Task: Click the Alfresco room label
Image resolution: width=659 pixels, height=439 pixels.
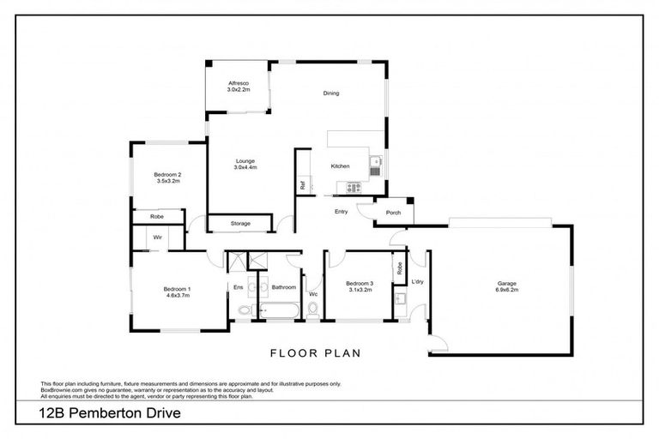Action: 238,86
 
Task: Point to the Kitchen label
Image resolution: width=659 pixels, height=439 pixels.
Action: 341,166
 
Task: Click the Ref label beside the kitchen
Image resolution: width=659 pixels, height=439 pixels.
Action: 303,184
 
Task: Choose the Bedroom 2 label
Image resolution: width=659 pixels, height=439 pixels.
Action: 168,178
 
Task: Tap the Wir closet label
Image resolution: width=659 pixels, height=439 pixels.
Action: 158,237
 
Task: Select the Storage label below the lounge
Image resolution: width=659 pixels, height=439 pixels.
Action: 241,224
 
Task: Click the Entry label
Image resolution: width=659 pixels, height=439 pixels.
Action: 341,211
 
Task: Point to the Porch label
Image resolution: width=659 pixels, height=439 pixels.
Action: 394,213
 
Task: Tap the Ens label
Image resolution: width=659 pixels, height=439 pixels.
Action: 238,287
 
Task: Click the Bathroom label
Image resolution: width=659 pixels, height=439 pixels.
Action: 284,287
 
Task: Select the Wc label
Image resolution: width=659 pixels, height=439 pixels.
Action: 314,295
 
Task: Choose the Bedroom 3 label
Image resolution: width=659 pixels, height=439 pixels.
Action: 360,286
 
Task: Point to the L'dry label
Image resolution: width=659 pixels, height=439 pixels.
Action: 418,282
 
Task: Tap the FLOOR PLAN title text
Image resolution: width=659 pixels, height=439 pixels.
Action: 315,352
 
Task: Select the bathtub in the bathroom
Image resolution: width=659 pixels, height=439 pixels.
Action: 279,310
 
